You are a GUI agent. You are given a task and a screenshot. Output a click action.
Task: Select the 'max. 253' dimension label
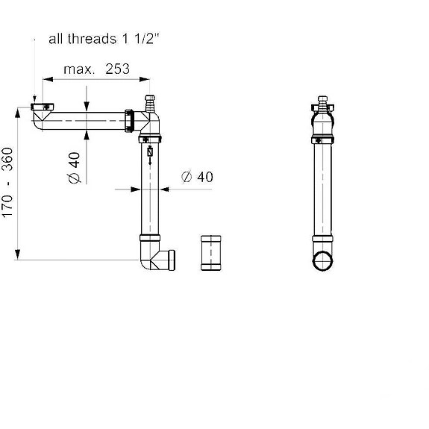[96, 69]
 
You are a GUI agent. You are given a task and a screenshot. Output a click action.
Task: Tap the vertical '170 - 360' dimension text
[7, 183]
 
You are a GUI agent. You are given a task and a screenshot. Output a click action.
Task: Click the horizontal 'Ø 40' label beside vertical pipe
[197, 177]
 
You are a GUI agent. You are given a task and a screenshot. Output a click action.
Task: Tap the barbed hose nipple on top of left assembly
[148, 102]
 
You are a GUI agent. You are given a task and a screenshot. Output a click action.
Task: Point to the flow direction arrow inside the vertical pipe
[150, 157]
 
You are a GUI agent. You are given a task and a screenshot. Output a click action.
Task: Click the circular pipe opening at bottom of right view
[322, 262]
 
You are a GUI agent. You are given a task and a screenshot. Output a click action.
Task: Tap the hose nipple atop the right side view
[322, 101]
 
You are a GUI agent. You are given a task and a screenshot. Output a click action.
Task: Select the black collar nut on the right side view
[322, 139]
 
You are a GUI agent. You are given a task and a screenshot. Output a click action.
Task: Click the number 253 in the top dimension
[117, 69]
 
